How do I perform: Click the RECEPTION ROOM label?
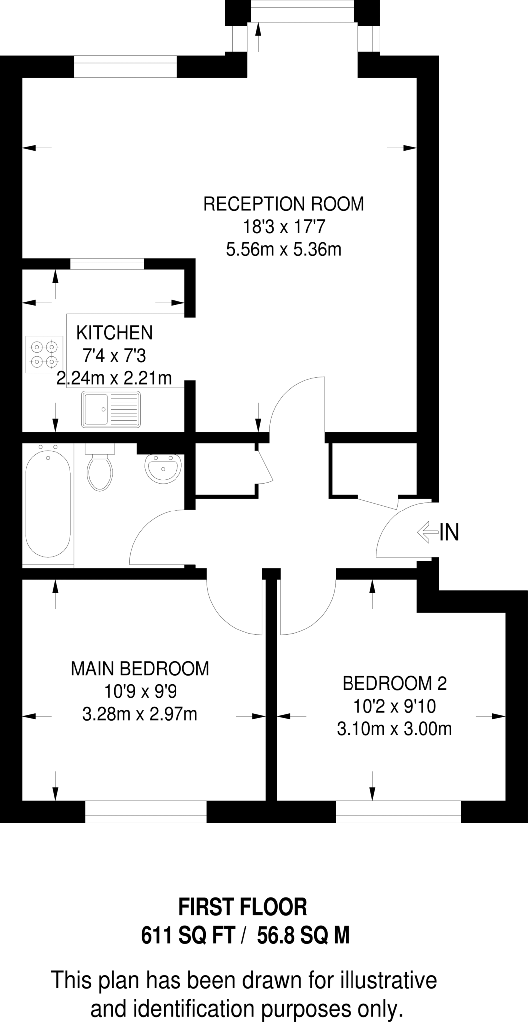tap(284, 204)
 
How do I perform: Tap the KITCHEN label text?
tap(114, 332)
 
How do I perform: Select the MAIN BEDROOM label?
tap(140, 669)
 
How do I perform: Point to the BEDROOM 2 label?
tap(394, 683)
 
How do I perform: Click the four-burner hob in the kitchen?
tap(45, 354)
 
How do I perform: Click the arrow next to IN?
tap(427, 532)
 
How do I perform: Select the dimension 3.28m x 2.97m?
tap(140, 714)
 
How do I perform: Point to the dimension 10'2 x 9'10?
tap(394, 706)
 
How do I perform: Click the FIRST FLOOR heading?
tap(243, 907)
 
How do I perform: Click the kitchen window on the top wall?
tap(107, 264)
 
